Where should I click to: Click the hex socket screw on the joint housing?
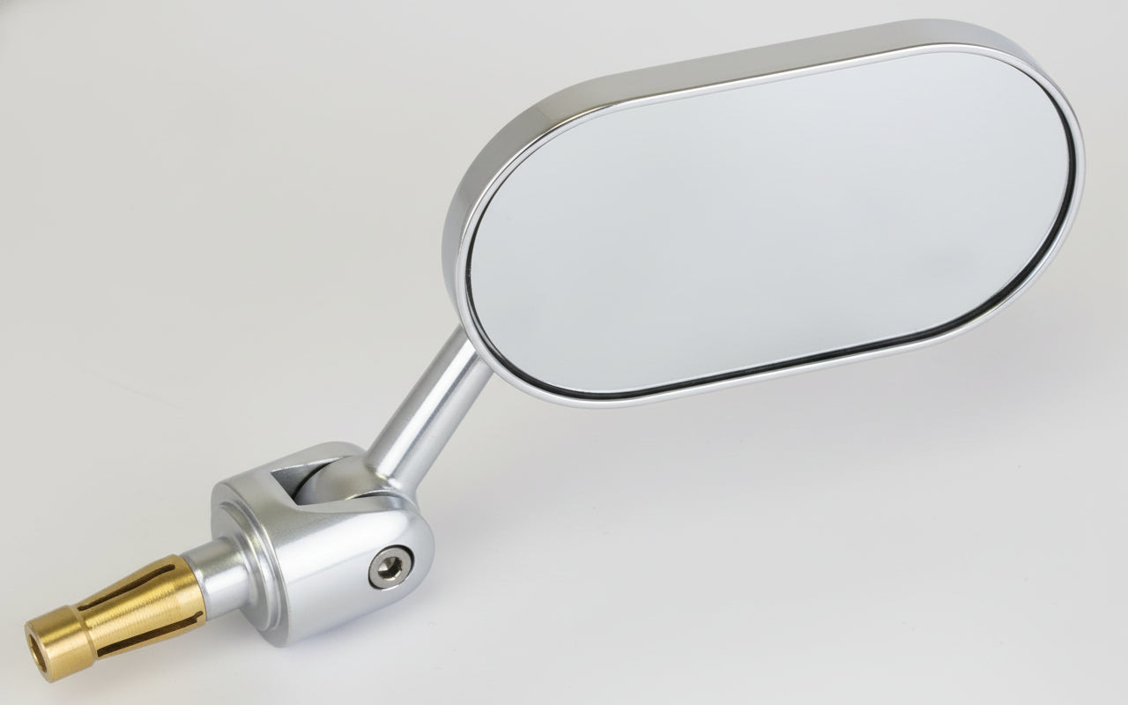[x=389, y=567]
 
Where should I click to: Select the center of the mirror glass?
[x=767, y=220]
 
